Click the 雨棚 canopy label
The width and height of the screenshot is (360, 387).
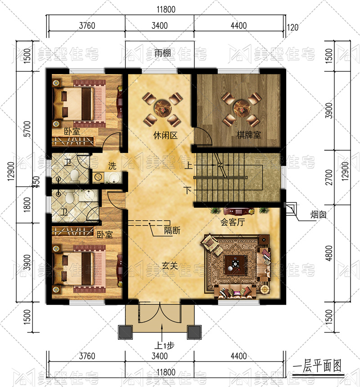point(162,53)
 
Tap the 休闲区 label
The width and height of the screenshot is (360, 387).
point(165,135)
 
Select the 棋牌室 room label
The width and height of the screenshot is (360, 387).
point(248,135)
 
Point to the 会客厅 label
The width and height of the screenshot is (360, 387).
point(233,222)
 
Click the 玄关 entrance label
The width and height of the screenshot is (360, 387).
point(170,266)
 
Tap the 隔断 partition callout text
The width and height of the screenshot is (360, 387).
point(172,230)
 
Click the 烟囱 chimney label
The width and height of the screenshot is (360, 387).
point(318,215)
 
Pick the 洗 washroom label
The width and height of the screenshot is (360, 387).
point(112,166)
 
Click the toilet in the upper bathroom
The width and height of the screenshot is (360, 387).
point(74,175)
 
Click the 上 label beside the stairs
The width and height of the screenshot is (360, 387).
point(188,165)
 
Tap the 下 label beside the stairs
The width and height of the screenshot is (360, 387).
point(188,190)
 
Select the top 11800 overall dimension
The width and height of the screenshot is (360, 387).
point(166,9)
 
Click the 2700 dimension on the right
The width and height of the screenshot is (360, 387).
point(329,177)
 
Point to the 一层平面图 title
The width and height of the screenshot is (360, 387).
point(317,366)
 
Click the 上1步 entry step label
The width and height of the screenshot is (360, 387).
point(164,346)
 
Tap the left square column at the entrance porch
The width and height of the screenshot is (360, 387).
point(125,332)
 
